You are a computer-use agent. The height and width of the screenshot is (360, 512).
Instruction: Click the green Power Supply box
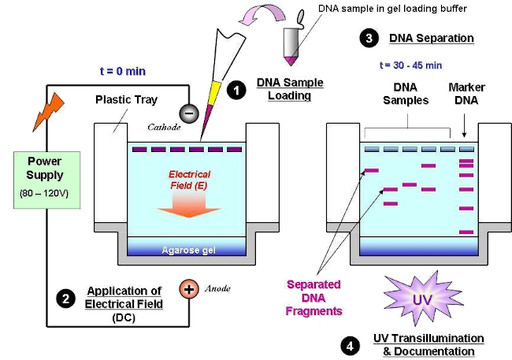point(47,180)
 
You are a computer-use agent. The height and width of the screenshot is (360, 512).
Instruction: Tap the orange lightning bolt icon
point(48,112)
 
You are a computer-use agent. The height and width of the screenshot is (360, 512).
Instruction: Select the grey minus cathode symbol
point(189,113)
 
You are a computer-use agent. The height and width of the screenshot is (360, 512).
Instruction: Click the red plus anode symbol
point(189,289)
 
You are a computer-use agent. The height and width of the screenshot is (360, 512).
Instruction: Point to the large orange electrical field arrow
point(189,204)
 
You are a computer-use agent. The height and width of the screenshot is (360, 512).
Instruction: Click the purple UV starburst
point(423,299)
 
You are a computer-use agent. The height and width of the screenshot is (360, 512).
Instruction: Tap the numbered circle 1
point(236,90)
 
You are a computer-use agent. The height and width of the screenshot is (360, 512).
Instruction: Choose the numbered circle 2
point(65,299)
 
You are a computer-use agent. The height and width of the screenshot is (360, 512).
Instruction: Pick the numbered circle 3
point(369,38)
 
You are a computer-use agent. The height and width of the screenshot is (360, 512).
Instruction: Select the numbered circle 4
point(350,346)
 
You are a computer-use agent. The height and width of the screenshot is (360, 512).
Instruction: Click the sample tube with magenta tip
point(291,39)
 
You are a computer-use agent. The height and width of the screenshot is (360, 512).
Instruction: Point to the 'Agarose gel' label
point(188,251)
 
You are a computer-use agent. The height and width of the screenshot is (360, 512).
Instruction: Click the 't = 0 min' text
point(123,71)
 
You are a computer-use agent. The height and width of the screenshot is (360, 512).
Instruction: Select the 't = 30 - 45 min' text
point(410,65)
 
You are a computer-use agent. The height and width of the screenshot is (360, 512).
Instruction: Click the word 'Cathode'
point(164,127)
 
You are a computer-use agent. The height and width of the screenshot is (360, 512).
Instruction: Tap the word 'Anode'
point(217,288)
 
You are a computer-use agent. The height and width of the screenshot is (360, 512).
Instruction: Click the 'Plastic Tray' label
point(126,99)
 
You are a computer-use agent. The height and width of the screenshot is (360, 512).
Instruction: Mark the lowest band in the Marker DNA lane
point(466,232)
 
